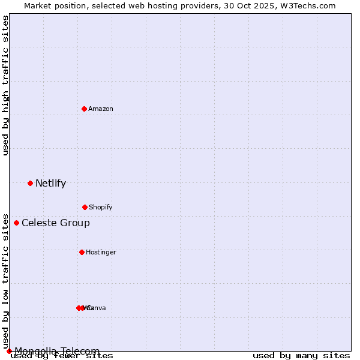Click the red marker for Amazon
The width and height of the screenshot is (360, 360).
coord(84,109)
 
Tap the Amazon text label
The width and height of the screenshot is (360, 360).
coord(101,109)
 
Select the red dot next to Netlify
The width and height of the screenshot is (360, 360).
coord(30,183)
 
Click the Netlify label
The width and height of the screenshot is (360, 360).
coord(50,184)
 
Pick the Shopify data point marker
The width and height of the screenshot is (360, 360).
coord(85,207)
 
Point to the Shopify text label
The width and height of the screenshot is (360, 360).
coord(101,208)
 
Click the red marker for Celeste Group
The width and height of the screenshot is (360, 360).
coord(16,223)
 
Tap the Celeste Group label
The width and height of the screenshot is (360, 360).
coord(56,223)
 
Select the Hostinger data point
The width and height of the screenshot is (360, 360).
coord(82,252)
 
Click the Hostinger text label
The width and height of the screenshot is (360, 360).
coord(101,253)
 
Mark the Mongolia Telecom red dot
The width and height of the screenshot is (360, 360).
coord(9,351)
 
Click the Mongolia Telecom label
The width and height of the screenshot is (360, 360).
coord(57,351)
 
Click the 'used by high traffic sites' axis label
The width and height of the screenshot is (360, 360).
coord(6,85)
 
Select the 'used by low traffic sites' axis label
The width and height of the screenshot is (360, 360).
coord(6,281)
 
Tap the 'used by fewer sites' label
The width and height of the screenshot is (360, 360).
coord(62,356)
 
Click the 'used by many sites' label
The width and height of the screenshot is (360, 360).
coord(301,356)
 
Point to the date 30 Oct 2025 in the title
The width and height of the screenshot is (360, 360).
coord(244,5)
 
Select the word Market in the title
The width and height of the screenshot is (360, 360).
coord(38,5)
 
